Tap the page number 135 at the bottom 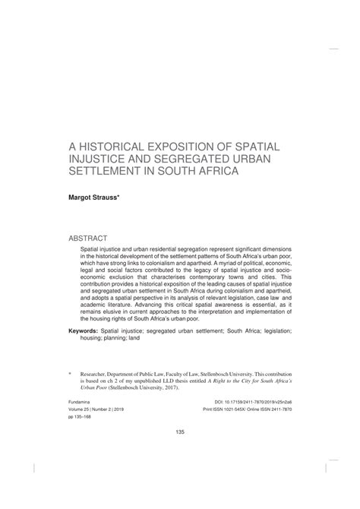[180, 453]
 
